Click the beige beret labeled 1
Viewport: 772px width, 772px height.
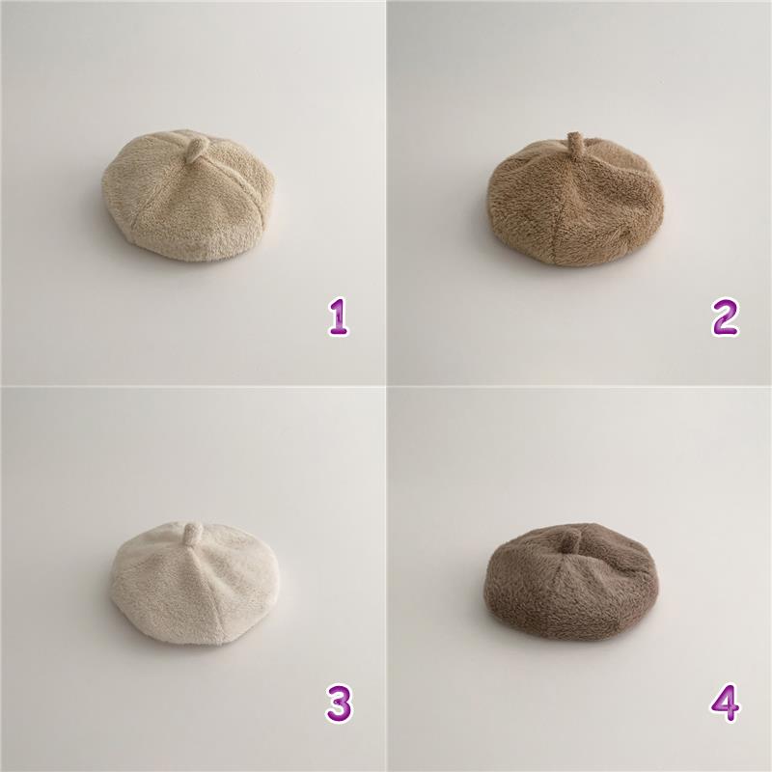click(188, 196)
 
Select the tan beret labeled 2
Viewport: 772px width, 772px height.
click(575, 201)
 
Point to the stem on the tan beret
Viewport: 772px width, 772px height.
click(572, 142)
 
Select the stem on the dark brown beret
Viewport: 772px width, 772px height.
click(569, 540)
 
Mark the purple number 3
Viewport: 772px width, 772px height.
click(339, 704)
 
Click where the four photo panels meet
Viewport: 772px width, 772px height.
click(386, 386)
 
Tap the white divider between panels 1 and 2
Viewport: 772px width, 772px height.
click(386, 192)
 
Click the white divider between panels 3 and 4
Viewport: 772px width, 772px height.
click(386, 580)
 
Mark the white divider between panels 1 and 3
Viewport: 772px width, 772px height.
click(192, 386)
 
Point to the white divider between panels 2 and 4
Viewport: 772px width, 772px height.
click(580, 386)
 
